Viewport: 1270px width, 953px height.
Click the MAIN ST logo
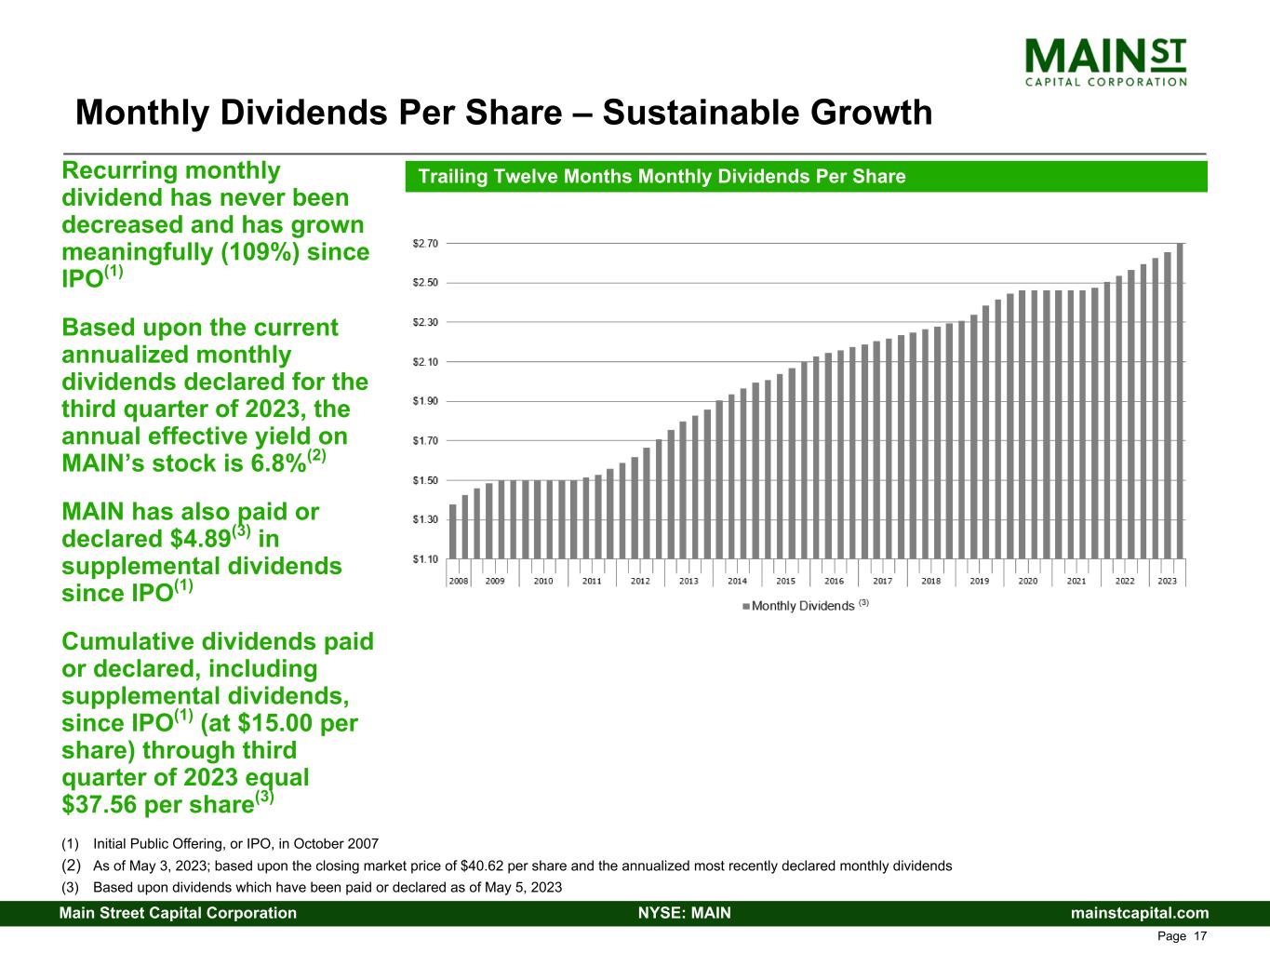click(x=1105, y=61)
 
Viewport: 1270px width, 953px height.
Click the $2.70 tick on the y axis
click(x=425, y=243)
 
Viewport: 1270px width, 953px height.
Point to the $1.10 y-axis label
click(x=425, y=559)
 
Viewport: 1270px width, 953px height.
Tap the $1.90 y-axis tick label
click(x=425, y=401)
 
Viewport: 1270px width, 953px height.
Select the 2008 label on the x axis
click(x=459, y=581)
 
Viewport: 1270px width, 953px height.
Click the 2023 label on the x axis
click(x=1167, y=581)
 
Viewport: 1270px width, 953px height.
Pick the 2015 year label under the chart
click(x=785, y=581)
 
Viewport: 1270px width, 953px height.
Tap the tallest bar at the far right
click(x=1180, y=400)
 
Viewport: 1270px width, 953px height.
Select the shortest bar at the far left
click(x=453, y=531)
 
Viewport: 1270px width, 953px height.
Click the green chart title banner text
click(x=662, y=177)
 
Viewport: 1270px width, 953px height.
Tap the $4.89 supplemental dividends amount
click(x=196, y=539)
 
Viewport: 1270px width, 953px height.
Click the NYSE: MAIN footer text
click(x=684, y=913)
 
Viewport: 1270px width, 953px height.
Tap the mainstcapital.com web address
click(x=1140, y=913)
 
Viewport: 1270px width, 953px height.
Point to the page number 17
click(x=1200, y=936)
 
